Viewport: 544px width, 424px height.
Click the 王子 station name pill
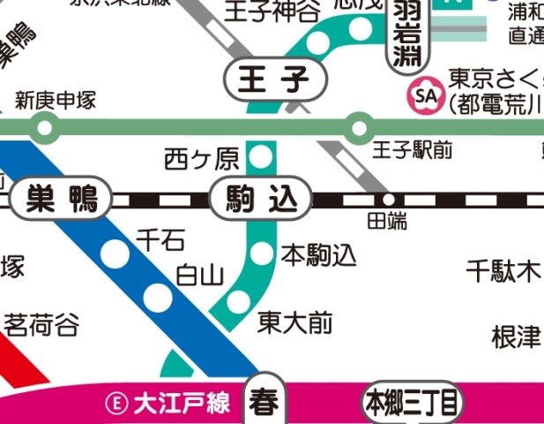276,81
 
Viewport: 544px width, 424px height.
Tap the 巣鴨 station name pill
60,200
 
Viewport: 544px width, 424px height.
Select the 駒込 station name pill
262,200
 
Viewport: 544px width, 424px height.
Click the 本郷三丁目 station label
412,405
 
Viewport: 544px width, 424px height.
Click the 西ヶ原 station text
202,160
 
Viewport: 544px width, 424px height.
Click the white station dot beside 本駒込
262,254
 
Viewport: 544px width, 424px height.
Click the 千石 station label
161,238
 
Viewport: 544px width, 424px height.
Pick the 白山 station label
200,276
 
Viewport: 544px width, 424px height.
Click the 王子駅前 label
413,150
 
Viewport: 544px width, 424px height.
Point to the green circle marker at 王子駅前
358,129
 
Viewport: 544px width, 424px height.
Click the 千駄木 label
503,271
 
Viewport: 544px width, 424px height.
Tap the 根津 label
516,337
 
